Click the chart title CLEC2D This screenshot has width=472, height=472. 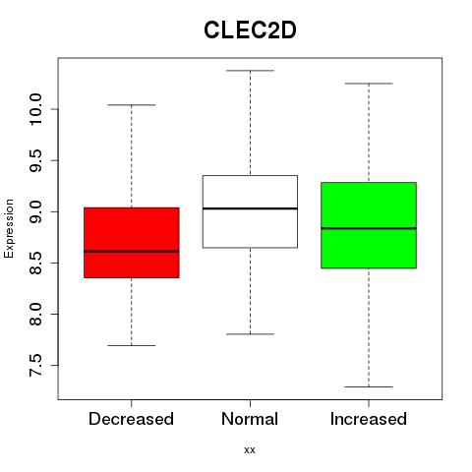(250, 30)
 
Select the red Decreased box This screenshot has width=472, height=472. (132, 243)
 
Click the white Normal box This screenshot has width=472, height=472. (250, 211)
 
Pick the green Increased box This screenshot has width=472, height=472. (369, 225)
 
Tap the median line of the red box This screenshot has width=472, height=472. (132, 252)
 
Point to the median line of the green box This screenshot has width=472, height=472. (369, 228)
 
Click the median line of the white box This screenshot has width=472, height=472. (250, 208)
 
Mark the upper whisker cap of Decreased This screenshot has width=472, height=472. (132, 105)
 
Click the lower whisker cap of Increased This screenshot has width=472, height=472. (369, 386)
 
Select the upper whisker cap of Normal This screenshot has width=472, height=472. (250, 71)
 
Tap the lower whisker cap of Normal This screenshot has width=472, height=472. (250, 334)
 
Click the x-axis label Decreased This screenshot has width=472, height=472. (131, 419)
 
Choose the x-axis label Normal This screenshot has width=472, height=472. (250, 419)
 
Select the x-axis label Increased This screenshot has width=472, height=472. (369, 419)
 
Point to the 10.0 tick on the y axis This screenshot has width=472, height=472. (35, 109)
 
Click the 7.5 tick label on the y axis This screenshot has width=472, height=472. (35, 365)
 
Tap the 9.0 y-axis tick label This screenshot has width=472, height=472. (35, 211)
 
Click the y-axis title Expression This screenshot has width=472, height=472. (9, 228)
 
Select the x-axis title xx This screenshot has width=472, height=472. (250, 450)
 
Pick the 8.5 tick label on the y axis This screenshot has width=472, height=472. (35, 263)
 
